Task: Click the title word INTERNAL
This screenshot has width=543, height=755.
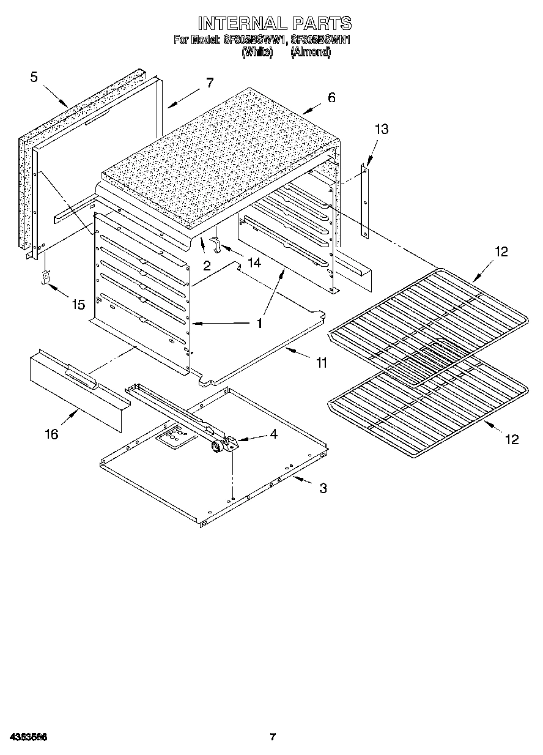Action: [x=242, y=23]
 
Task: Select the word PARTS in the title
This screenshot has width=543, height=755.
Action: [x=321, y=23]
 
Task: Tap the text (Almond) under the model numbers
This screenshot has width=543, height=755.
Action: [x=310, y=52]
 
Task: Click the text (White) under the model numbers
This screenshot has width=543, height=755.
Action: [x=257, y=52]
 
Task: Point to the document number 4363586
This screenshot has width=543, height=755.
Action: [x=28, y=737]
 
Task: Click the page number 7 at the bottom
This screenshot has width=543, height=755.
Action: [x=273, y=737]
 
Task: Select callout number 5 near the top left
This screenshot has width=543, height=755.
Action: [x=34, y=77]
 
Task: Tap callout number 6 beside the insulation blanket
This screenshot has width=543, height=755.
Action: [x=331, y=97]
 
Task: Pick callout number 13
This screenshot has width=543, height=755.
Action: [x=381, y=129]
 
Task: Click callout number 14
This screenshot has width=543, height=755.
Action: [x=253, y=262]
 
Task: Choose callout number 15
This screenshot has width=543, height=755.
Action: [x=78, y=304]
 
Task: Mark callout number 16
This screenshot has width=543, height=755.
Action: [x=51, y=434]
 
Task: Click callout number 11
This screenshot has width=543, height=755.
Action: [x=321, y=363]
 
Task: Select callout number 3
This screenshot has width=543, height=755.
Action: [x=322, y=488]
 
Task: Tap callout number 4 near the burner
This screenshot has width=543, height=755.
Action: [x=273, y=434]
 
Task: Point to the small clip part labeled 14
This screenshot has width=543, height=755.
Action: [x=215, y=244]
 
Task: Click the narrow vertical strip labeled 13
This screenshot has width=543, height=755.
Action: [x=364, y=202]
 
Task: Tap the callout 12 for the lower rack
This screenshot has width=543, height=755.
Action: [x=511, y=439]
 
